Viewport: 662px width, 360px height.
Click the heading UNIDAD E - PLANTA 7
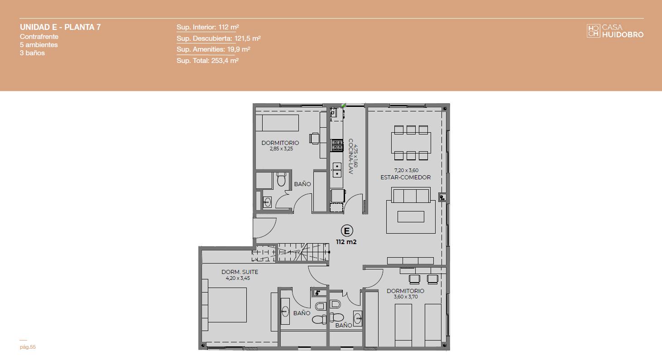pyautogui.click(x=60, y=27)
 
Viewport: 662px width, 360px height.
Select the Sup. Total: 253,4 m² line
pyautogui.click(x=207, y=61)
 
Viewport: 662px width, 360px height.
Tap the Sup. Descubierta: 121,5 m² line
pyautogui.click(x=218, y=38)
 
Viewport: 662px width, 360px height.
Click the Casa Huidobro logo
pyautogui.click(x=615, y=31)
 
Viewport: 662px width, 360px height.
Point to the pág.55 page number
pyautogui.click(x=28, y=347)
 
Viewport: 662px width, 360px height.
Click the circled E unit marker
pyautogui.click(x=347, y=231)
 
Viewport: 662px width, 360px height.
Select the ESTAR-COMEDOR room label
pyautogui.click(x=405, y=178)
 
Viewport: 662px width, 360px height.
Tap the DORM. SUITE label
pyautogui.click(x=240, y=272)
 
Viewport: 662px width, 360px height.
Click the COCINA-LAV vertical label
pyautogui.click(x=351, y=156)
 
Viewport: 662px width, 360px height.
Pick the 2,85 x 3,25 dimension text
pyautogui.click(x=281, y=149)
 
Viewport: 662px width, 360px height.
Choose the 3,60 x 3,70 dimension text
pyautogui.click(x=405, y=297)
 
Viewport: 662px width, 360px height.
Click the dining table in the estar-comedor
pyautogui.click(x=411, y=143)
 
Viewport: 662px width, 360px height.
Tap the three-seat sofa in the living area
pyautogui.click(x=411, y=195)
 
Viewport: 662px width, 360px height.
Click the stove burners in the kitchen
pyautogui.click(x=337, y=145)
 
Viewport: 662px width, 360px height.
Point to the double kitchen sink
pyautogui.click(x=337, y=170)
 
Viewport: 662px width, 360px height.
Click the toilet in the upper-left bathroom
pyautogui.click(x=281, y=179)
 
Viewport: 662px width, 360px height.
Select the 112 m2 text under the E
pyautogui.click(x=346, y=242)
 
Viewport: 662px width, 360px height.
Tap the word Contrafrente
pyautogui.click(x=39, y=37)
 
